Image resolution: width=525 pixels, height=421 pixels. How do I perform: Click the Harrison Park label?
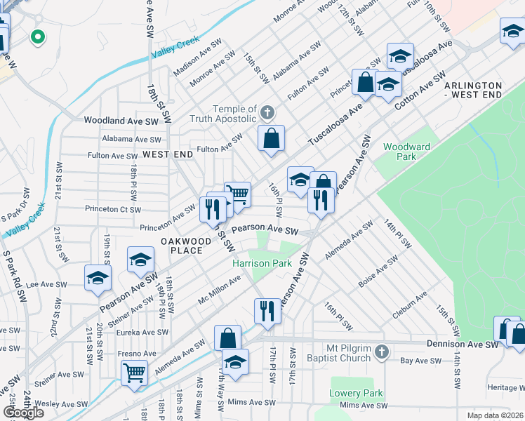[x=262, y=264]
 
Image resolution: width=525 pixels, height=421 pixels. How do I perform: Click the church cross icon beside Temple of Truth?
[x=267, y=112]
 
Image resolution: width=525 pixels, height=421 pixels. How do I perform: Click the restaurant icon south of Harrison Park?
[x=267, y=310]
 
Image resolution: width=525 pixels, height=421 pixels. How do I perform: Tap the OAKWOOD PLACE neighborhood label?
[x=186, y=246]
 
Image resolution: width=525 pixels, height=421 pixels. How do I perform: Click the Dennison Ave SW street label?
[x=463, y=345]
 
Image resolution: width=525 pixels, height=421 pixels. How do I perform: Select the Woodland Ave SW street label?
[x=121, y=121]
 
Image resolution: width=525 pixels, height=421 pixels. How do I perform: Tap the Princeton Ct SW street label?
[x=113, y=209]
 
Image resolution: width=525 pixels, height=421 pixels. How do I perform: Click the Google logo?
[x=23, y=413]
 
